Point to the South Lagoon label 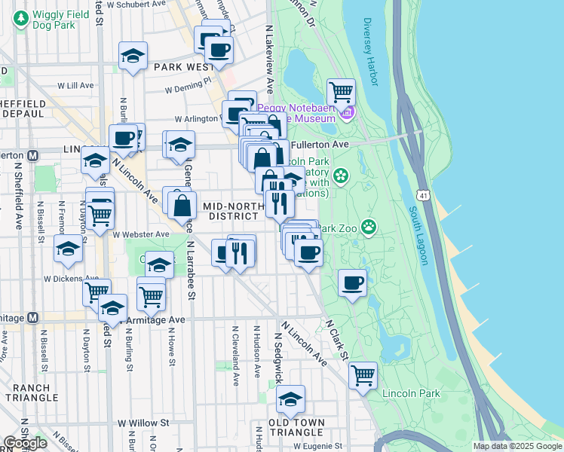point(418,235)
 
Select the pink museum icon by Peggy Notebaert point(346,114)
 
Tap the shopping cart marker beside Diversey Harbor point(342,93)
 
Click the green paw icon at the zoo point(369,226)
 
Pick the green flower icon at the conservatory point(341,176)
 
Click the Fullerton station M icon point(32,156)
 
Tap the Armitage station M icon point(32,318)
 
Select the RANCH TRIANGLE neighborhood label point(31,393)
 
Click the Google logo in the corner point(25,443)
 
